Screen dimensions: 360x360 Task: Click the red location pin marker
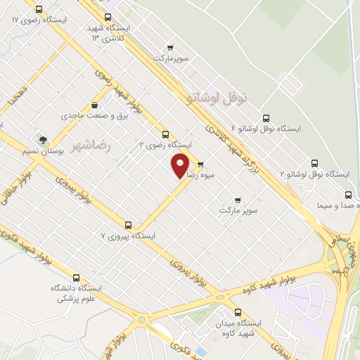coord(181,165)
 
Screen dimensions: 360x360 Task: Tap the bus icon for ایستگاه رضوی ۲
coord(166,134)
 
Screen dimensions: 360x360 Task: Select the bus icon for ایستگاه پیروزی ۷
coord(128,225)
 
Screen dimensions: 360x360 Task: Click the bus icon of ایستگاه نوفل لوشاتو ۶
coord(265,119)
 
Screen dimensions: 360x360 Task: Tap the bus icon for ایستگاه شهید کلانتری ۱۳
coord(107,18)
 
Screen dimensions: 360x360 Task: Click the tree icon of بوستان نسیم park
coord(43,139)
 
